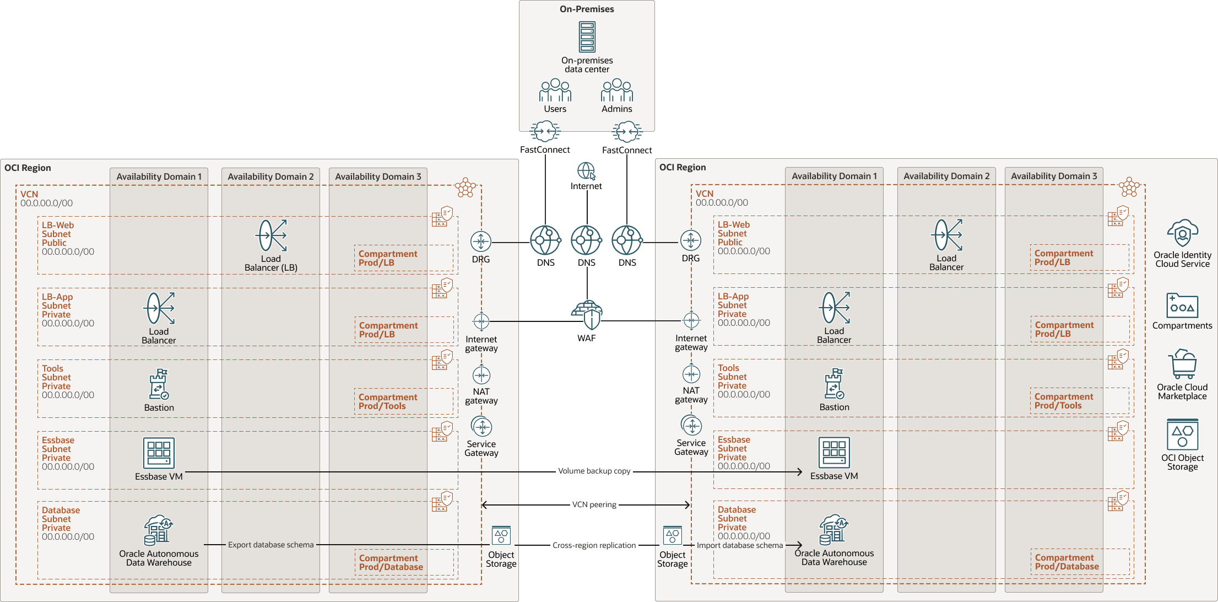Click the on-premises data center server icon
pos(587,37)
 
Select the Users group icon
pos(555,90)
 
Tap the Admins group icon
pos(616,90)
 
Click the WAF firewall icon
pos(587,315)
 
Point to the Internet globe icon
pos(586,171)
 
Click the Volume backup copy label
pos(594,471)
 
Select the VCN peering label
pos(594,505)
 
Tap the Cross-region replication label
pos(594,546)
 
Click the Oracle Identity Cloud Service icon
pos(1182,234)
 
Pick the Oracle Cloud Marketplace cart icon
pos(1182,364)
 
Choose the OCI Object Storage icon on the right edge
pos(1182,435)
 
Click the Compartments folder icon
pos(1182,306)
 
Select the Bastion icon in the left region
pos(159,384)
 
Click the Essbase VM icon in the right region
pos(834,453)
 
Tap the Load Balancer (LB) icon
pos(272,236)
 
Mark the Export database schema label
pos(270,545)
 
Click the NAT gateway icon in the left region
pos(481,375)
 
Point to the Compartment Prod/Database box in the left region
pos(404,562)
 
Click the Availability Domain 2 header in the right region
pos(946,176)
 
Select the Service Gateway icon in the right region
pos(691,426)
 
